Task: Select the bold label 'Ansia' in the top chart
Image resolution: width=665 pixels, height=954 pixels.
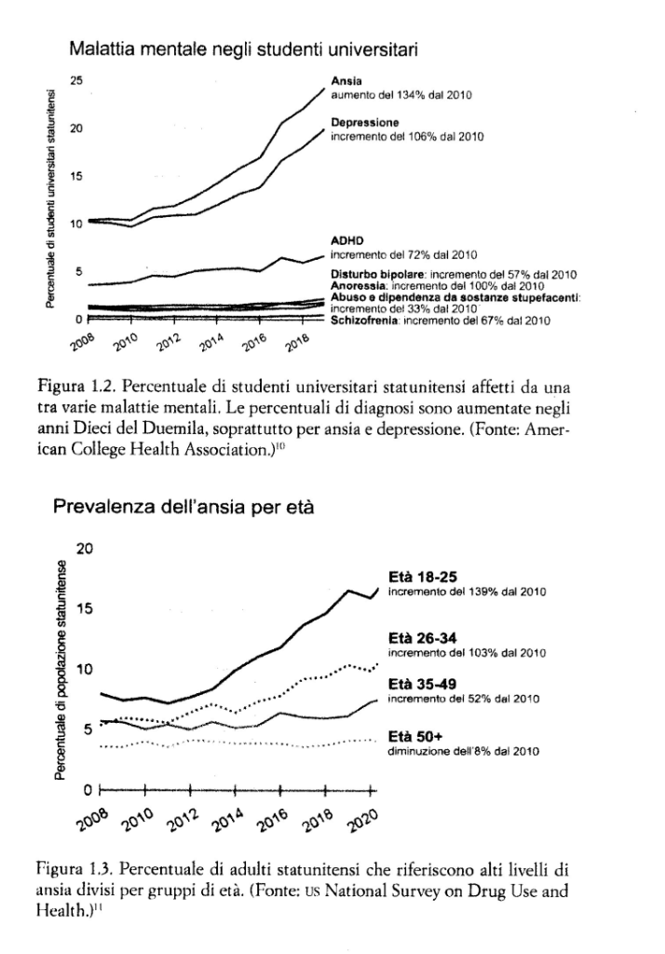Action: click(x=343, y=80)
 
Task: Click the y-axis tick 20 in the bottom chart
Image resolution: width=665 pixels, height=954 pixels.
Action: click(x=85, y=549)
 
